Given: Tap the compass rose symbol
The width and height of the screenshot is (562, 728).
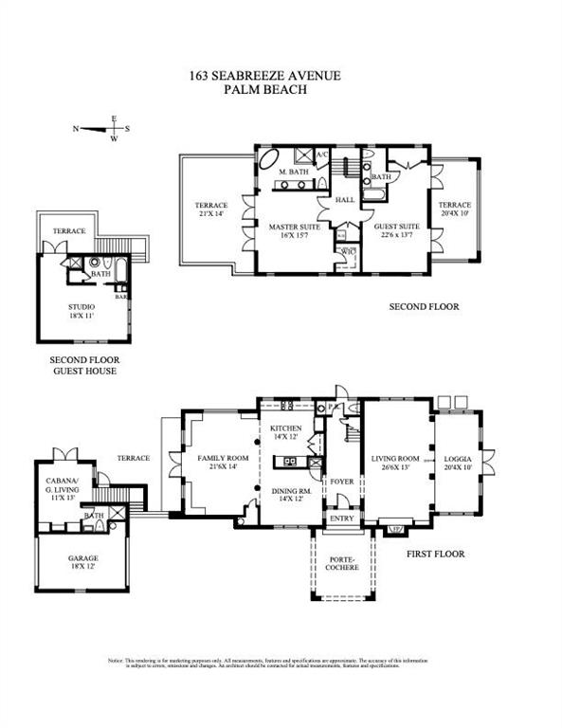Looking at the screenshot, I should (x=114, y=129).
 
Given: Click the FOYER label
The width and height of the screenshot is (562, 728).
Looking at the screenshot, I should (x=340, y=481).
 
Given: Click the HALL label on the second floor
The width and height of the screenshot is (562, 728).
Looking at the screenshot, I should (x=344, y=200).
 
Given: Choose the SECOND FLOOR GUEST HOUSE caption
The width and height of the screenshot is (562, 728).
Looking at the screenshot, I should (x=83, y=366).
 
